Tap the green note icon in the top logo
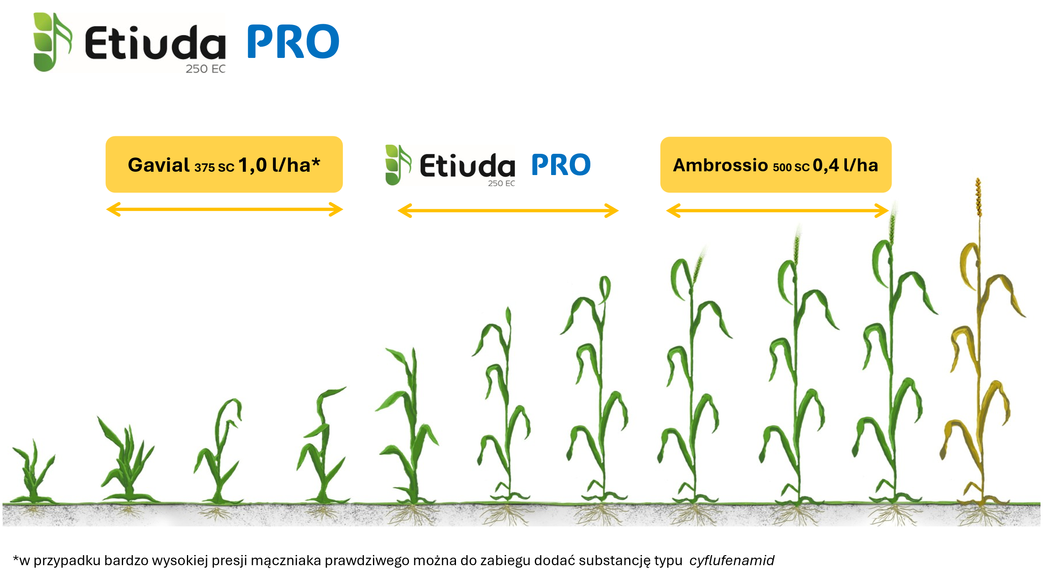pyautogui.click(x=52, y=42)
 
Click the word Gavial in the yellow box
pyautogui.click(x=159, y=165)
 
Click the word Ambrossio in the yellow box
pyautogui.click(x=721, y=165)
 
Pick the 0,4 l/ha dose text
pyautogui.click(x=845, y=165)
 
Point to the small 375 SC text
pyautogui.click(x=214, y=168)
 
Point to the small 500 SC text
pyautogui.click(x=791, y=168)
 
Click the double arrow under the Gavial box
pyautogui.click(x=224, y=209)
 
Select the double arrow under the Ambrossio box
pyautogui.click(x=777, y=210)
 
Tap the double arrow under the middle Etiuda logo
pyautogui.click(x=508, y=210)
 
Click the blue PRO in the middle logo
pyautogui.click(x=561, y=165)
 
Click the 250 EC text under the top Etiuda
pyautogui.click(x=206, y=69)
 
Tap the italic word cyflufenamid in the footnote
pyautogui.click(x=732, y=561)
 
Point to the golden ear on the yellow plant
pyautogui.click(x=978, y=197)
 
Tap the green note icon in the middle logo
pyautogui.click(x=398, y=165)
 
